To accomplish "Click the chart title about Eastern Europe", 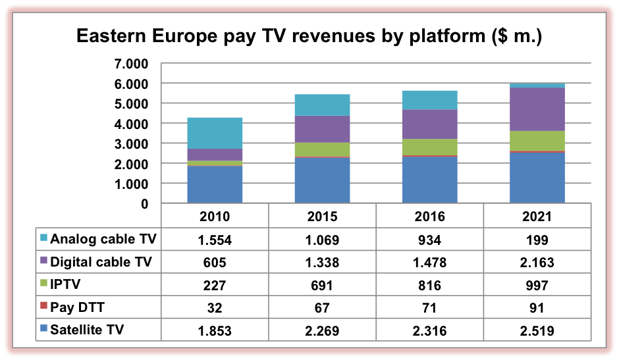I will pyautogui.click(x=309, y=36).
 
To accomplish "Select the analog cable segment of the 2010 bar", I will pyautogui.click(x=215, y=133).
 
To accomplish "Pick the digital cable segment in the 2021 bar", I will pyautogui.click(x=537, y=109).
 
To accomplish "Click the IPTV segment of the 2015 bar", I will pyautogui.click(x=322, y=149).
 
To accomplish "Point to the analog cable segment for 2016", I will pyautogui.click(x=430, y=100).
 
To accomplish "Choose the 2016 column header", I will pyautogui.click(x=430, y=217).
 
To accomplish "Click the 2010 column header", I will pyautogui.click(x=215, y=217).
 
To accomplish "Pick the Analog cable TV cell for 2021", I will pyautogui.click(x=537, y=240).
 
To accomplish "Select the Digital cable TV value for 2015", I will pyautogui.click(x=322, y=263).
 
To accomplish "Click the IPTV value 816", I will pyautogui.click(x=430, y=285).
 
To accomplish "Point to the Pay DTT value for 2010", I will pyautogui.click(x=215, y=307).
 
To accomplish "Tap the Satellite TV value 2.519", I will pyautogui.click(x=537, y=330).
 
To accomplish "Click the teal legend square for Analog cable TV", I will pyautogui.click(x=43, y=238).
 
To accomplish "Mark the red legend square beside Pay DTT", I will pyautogui.click(x=43, y=307).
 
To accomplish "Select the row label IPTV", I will pyautogui.click(x=67, y=285).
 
